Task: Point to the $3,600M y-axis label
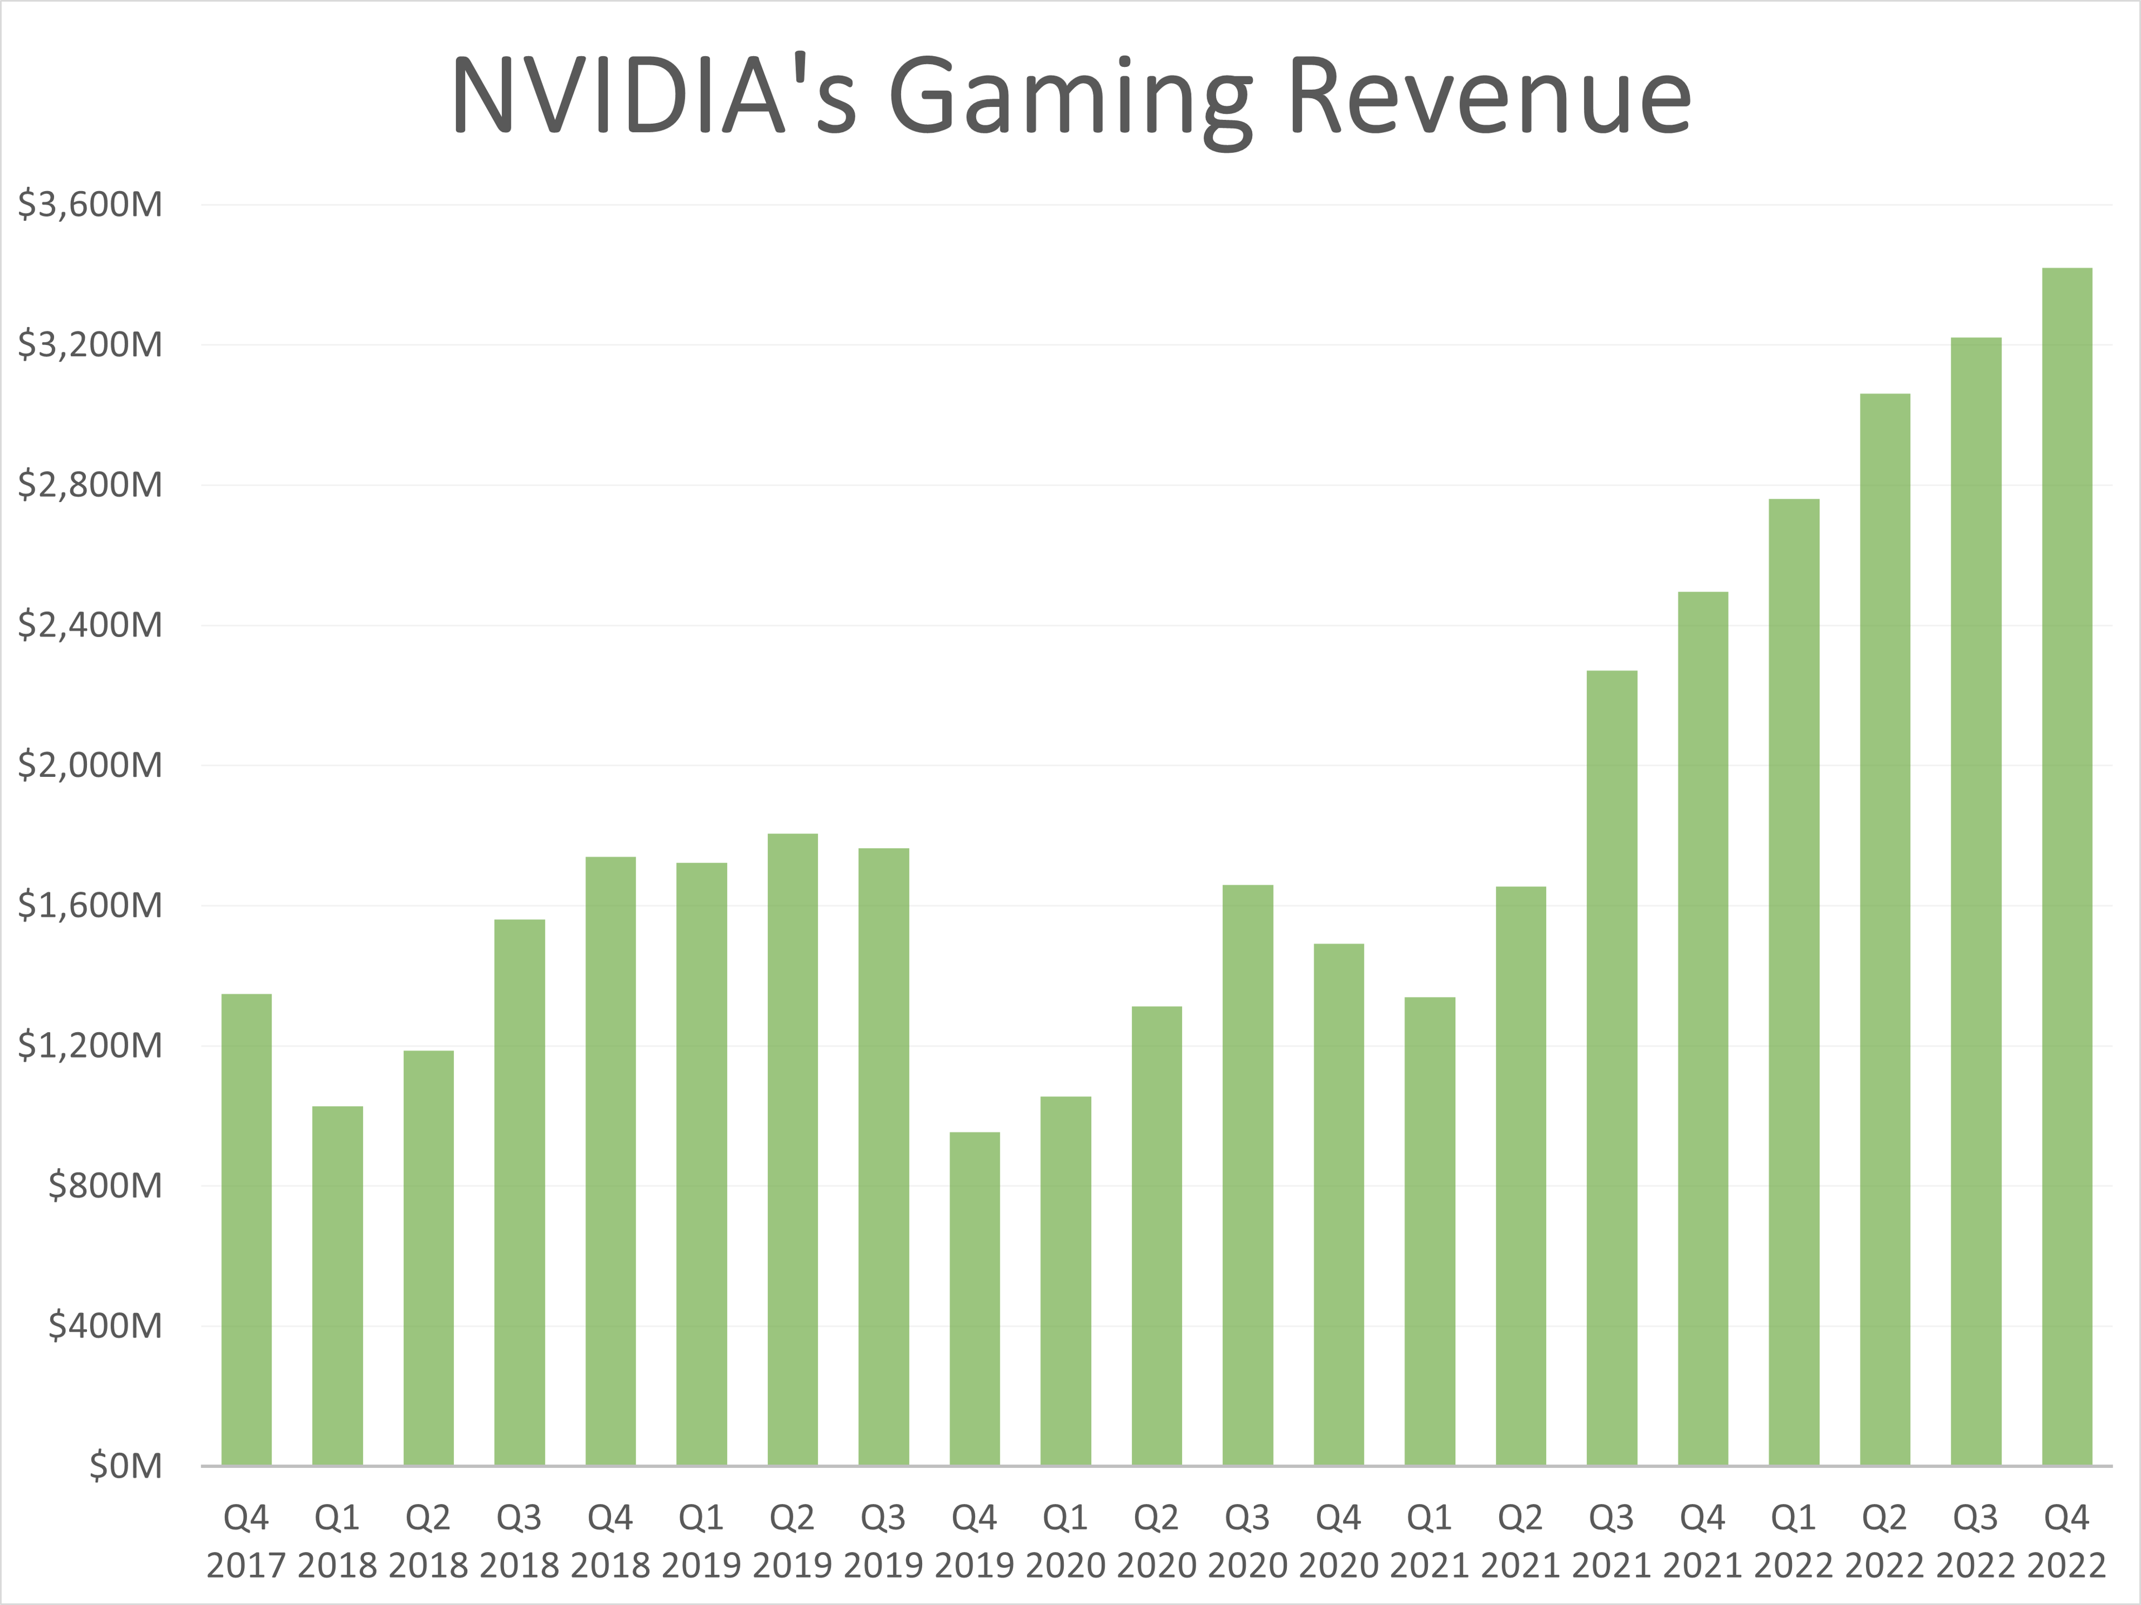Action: click(x=90, y=204)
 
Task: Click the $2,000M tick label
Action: click(x=90, y=765)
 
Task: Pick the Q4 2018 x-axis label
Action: click(x=610, y=1540)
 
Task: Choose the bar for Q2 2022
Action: click(x=1885, y=929)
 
